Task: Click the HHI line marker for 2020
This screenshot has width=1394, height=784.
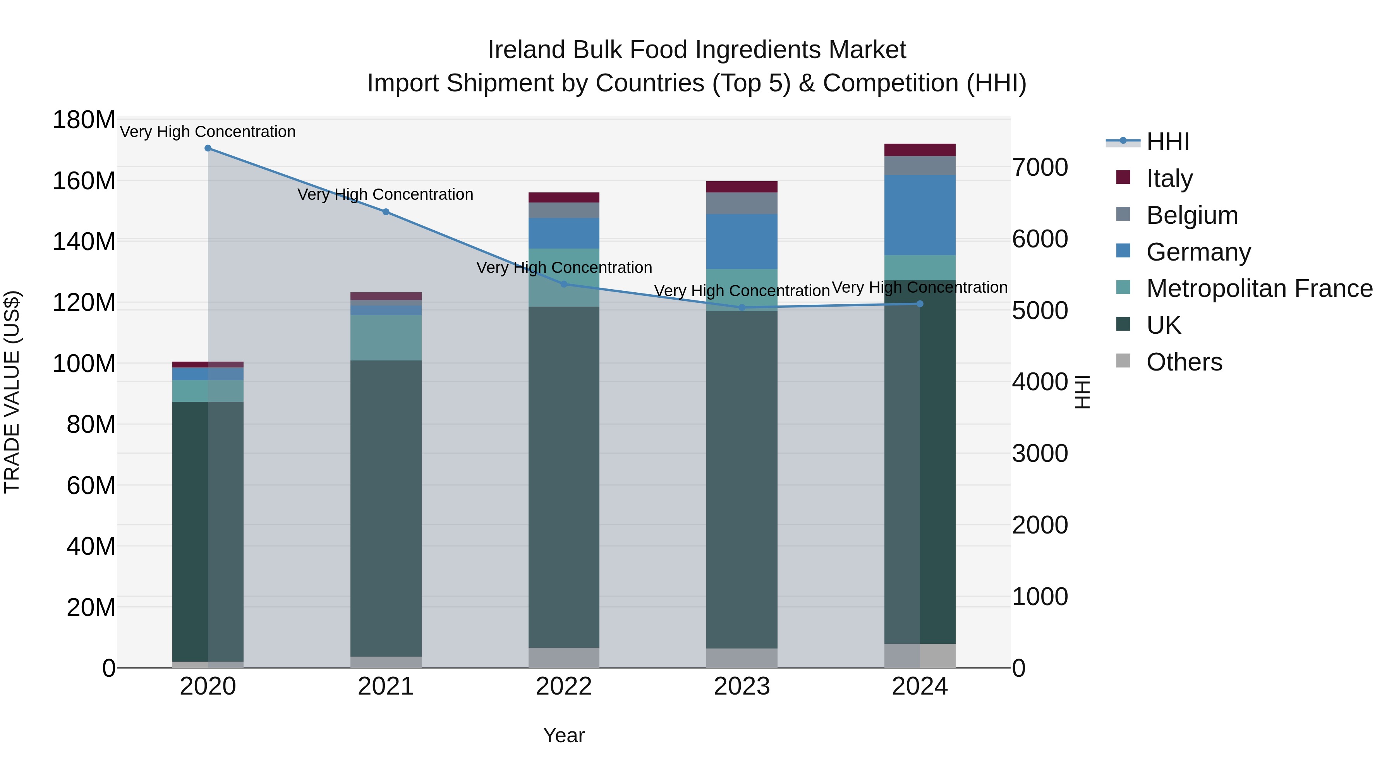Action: pos(208,148)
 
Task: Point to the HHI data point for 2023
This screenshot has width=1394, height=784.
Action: pos(742,308)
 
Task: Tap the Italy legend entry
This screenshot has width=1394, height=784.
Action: pos(1169,178)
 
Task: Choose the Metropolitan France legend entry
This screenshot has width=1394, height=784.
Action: pos(1259,289)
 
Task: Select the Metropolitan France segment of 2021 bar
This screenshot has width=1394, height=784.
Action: pos(386,338)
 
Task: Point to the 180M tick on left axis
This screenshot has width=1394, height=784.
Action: pos(84,120)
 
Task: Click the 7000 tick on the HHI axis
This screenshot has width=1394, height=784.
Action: pos(1040,168)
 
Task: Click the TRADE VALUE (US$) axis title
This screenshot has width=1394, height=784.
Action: pos(12,392)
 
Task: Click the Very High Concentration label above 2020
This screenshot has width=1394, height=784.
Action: pos(208,132)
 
